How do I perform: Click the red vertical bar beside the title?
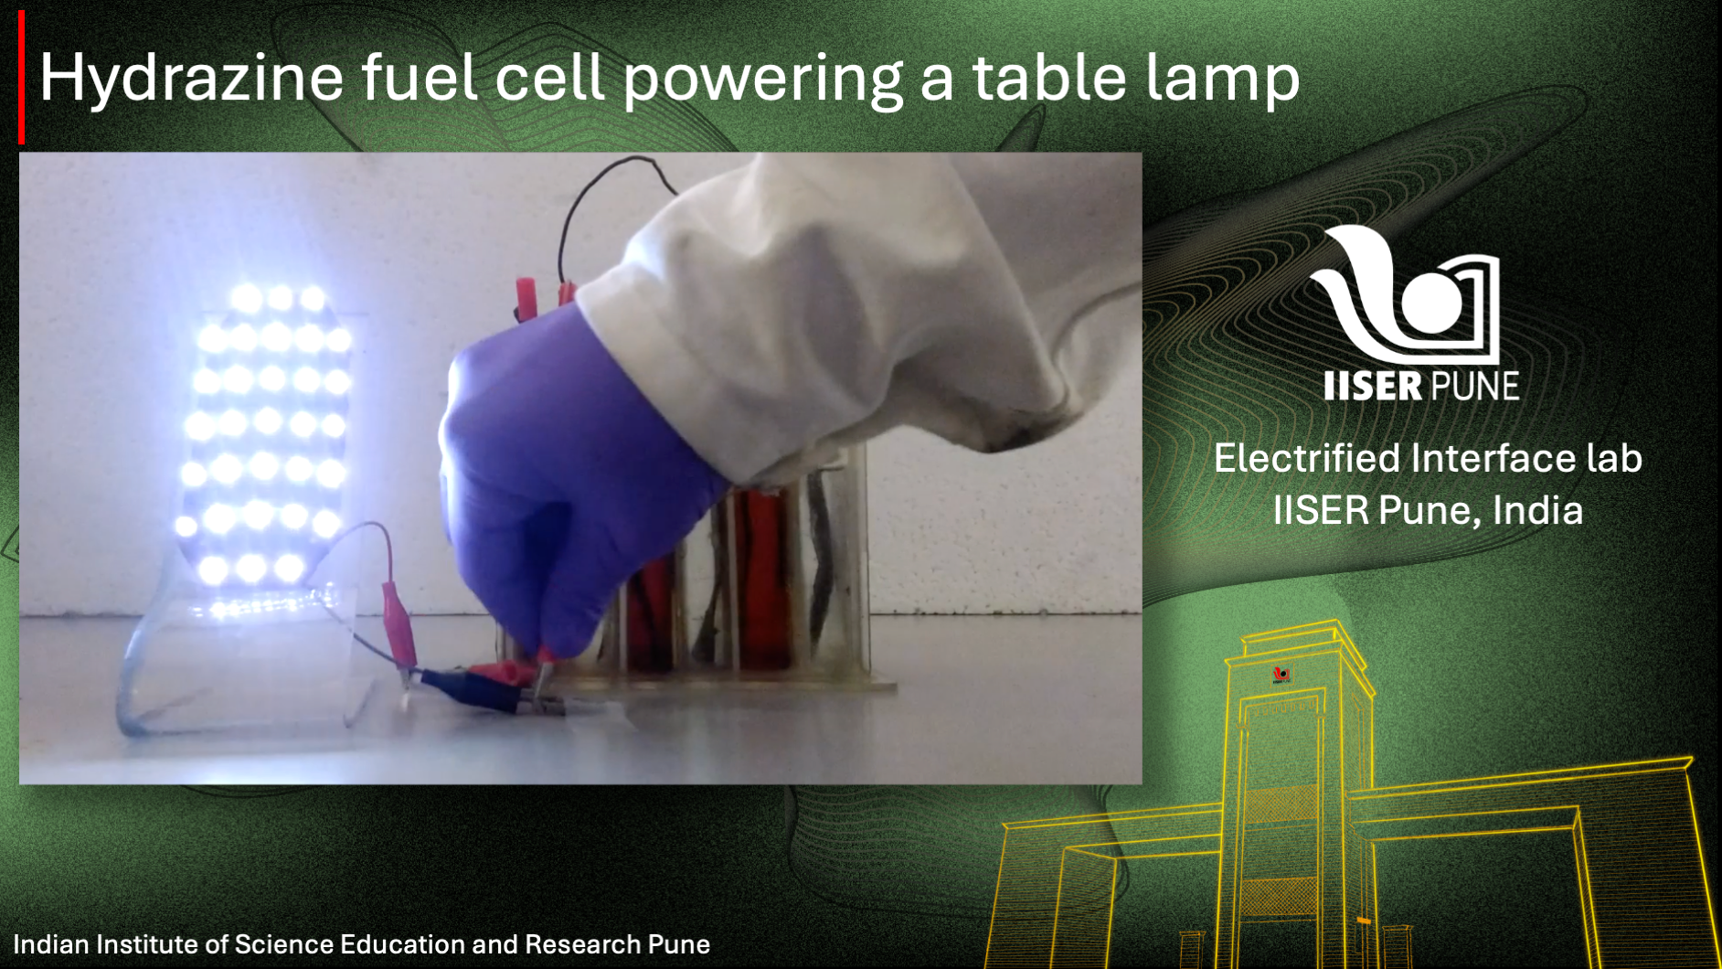coord(21,78)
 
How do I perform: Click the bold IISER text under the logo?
coord(1372,386)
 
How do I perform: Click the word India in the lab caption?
coord(1537,510)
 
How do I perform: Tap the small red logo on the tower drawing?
coord(1281,675)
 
